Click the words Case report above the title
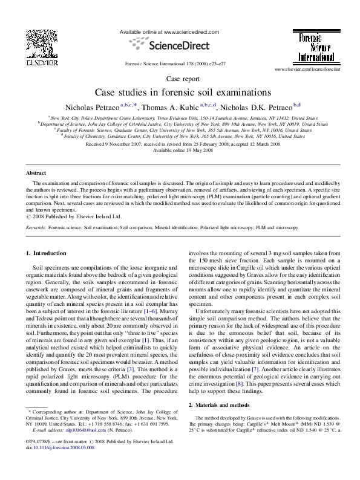[x=180, y=79]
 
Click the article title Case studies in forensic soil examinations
[x=180, y=92]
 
